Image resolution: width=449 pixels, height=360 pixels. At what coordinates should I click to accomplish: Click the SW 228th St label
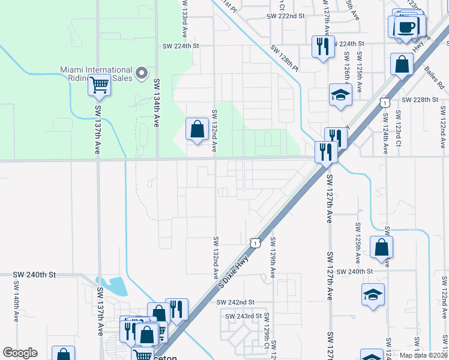tap(421, 100)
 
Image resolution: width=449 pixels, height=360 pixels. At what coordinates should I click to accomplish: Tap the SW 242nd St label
tap(236, 302)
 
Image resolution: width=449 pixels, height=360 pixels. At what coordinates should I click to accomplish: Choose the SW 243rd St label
tap(243, 316)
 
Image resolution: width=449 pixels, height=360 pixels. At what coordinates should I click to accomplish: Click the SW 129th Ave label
tap(273, 257)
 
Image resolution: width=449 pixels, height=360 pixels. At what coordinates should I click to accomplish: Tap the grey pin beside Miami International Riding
tap(142, 73)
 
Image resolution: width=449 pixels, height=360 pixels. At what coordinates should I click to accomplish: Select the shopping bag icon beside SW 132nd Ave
tap(197, 128)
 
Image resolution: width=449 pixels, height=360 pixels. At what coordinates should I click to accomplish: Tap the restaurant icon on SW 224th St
tap(323, 46)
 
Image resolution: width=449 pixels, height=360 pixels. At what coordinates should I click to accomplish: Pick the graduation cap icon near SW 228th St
tap(340, 94)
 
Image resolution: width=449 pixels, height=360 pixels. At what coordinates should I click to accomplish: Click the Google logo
tap(20, 353)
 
